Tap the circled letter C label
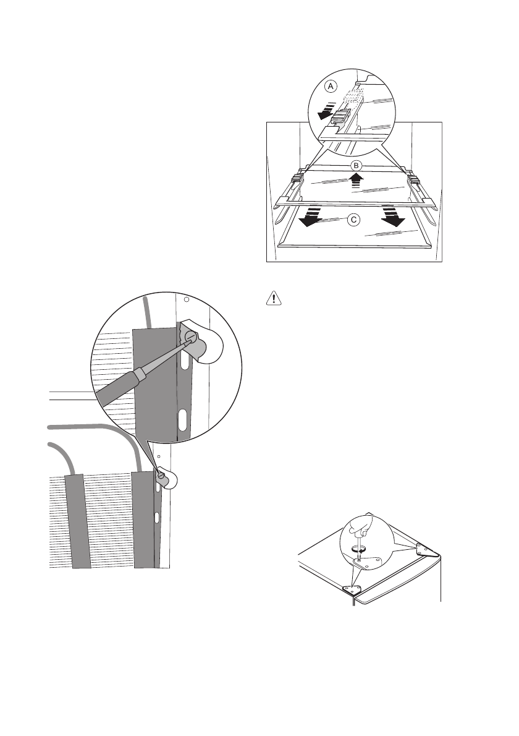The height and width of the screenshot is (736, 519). (x=353, y=219)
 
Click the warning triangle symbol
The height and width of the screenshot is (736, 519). (x=270, y=299)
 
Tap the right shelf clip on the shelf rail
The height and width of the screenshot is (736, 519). (x=413, y=179)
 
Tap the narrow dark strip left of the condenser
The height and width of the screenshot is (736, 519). (x=78, y=520)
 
